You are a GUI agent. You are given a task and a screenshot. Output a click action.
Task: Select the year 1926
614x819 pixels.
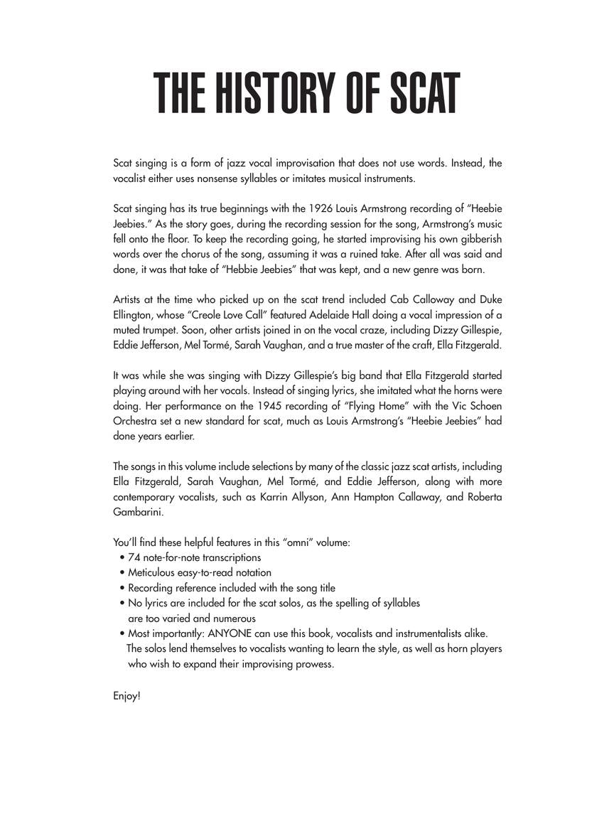[x=323, y=208]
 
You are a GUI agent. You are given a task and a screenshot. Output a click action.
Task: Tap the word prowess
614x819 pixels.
[x=310, y=664]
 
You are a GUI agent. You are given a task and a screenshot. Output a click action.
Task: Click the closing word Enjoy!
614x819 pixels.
[x=126, y=695]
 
